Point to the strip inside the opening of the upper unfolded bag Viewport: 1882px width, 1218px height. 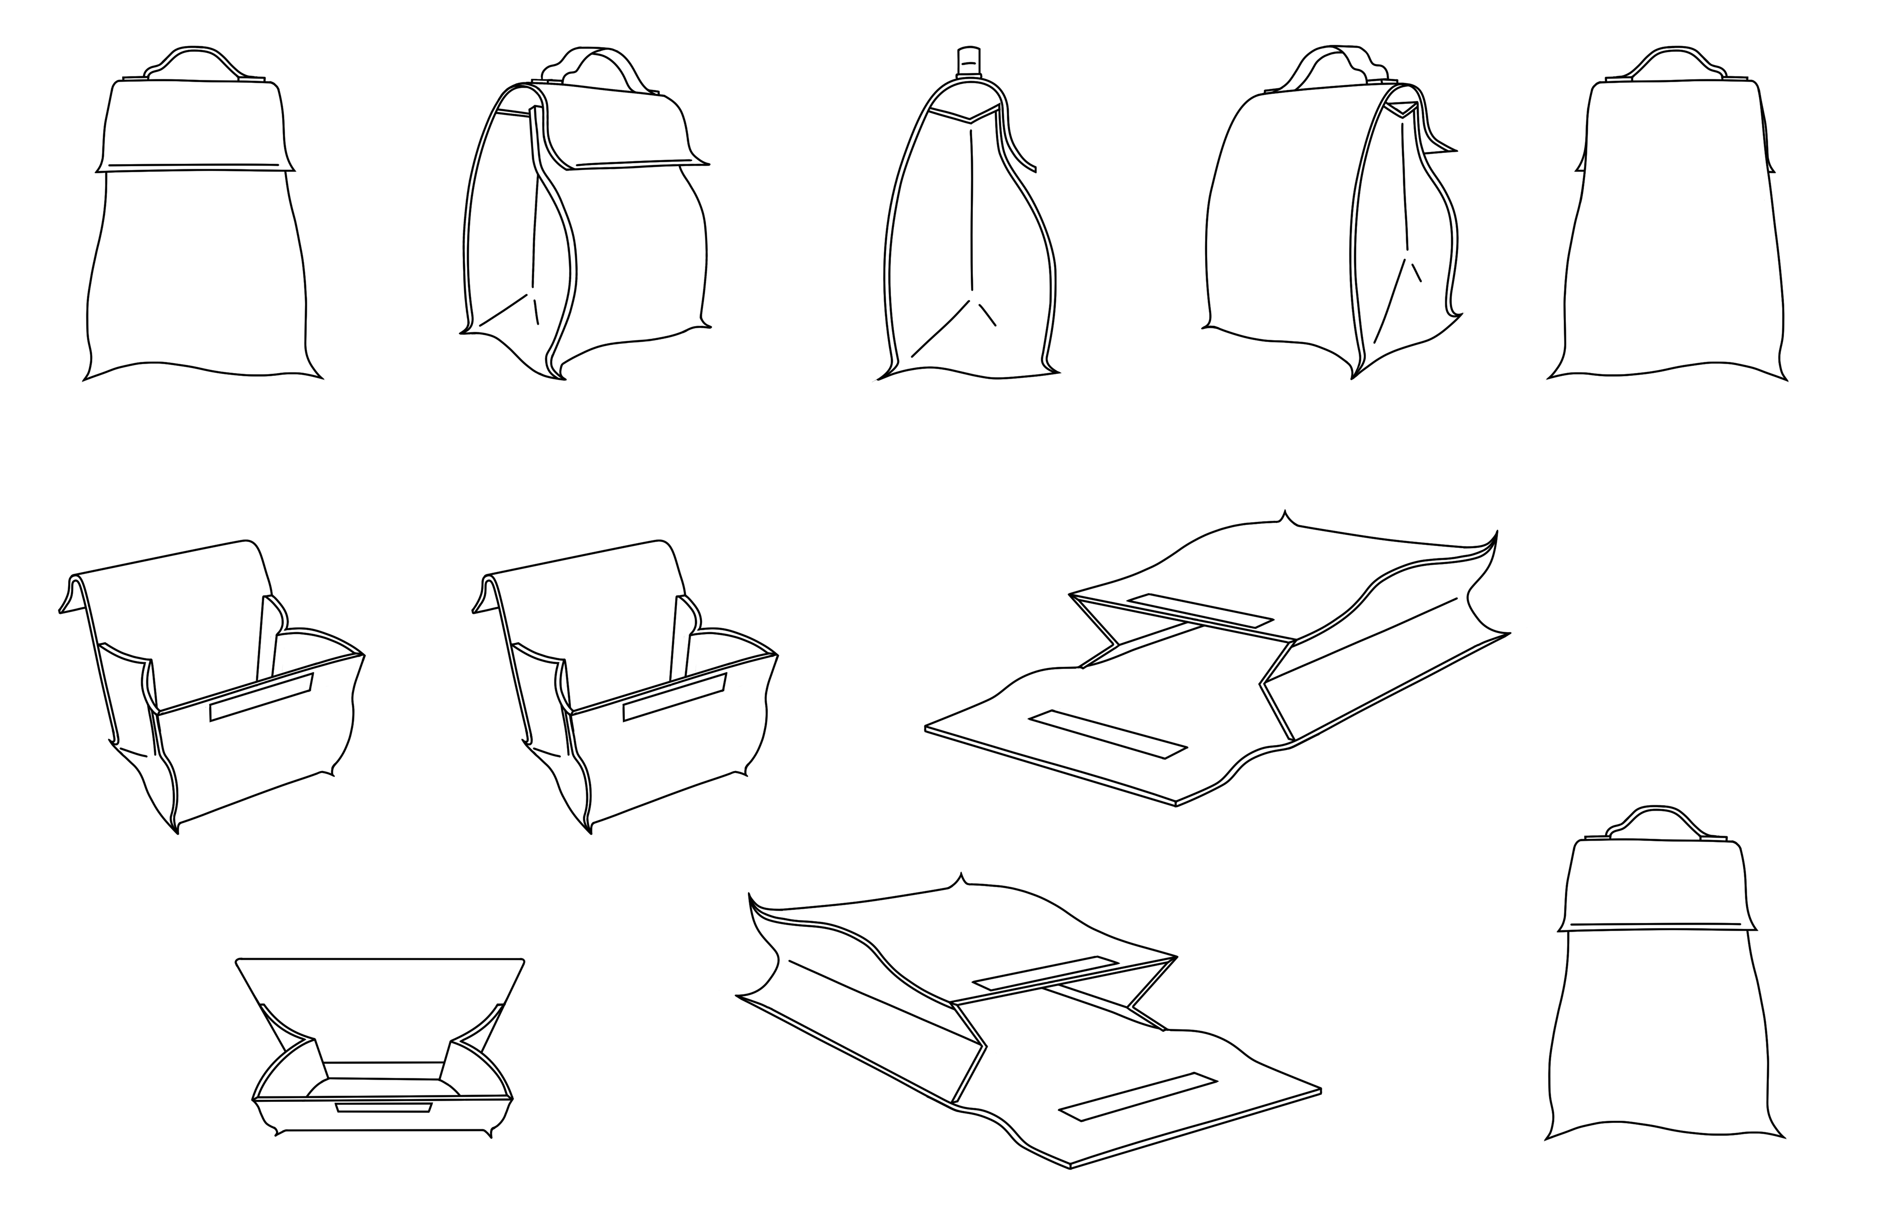pos(1200,611)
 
